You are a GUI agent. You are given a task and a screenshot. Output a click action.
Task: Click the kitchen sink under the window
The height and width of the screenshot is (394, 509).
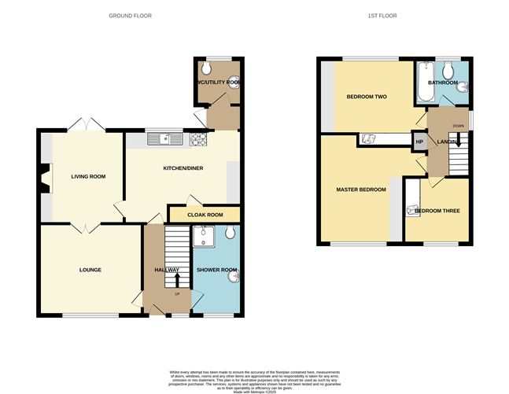click(x=168, y=139)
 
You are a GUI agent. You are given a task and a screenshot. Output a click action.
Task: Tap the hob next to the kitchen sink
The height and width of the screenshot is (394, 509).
click(x=196, y=139)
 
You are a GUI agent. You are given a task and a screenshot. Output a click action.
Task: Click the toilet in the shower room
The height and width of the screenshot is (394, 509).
click(x=230, y=233)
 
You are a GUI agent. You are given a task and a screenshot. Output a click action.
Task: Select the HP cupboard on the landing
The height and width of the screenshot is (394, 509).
click(x=419, y=142)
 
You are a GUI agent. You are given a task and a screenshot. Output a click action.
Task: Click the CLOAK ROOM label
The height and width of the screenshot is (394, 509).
click(x=204, y=215)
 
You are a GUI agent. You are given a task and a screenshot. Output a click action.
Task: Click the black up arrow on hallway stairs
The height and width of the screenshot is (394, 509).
click(x=177, y=278)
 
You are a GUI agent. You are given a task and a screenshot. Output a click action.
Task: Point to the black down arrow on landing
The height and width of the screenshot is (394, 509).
click(x=457, y=143)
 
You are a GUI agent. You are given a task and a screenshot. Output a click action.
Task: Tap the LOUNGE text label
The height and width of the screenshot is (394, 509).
click(x=90, y=270)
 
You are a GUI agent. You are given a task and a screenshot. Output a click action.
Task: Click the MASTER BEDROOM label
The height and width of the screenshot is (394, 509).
click(x=361, y=190)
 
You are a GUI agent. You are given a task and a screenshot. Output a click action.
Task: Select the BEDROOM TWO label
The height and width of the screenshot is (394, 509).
click(x=367, y=97)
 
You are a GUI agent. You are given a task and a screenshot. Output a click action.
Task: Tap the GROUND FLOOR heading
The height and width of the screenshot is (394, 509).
click(x=130, y=16)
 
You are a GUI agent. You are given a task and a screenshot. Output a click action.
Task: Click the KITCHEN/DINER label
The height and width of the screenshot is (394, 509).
click(x=183, y=168)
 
